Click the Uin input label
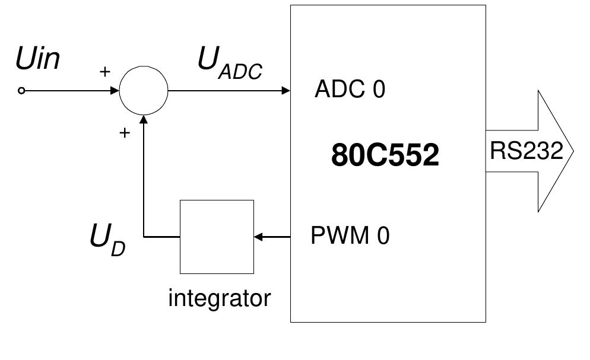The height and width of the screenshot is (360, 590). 38,60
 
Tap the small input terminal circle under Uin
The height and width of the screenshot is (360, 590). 21,91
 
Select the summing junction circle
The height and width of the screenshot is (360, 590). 144,91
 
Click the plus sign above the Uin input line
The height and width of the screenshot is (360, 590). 104,72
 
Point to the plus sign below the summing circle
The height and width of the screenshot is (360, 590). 124,133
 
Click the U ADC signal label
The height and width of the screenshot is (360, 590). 230,63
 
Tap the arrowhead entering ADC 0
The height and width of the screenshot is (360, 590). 286,91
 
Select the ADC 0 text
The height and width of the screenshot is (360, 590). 350,90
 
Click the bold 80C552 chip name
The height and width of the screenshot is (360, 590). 385,155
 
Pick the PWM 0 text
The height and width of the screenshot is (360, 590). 350,236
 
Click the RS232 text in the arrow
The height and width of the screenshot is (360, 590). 526,151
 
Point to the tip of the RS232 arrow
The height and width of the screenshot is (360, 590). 572,151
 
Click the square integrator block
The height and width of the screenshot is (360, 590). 217,237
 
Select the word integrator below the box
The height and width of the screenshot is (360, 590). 219,298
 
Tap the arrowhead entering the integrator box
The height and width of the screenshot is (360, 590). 258,237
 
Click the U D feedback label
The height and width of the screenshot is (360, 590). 107,240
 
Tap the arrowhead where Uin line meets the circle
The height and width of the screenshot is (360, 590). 115,91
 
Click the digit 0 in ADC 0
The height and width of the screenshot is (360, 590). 378,90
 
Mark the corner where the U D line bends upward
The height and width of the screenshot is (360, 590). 144,237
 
